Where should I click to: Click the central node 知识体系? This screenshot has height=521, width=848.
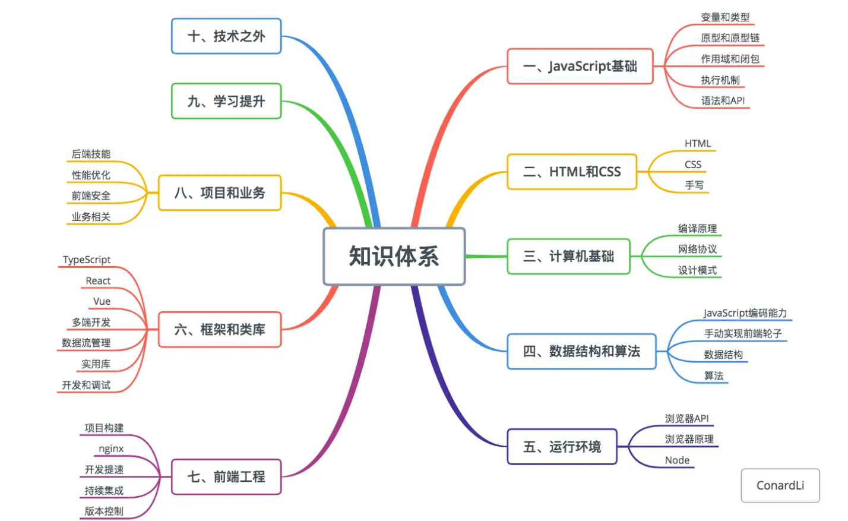point(394,256)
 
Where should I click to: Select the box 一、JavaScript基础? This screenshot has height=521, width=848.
point(580,66)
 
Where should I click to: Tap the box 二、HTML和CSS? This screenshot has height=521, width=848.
point(571,172)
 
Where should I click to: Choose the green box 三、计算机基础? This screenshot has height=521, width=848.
point(568,256)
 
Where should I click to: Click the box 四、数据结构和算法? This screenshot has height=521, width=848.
point(581,351)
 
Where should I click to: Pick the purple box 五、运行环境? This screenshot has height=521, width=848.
point(562,446)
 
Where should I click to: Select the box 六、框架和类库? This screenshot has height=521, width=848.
point(219,329)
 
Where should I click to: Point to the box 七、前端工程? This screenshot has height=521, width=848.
point(226,476)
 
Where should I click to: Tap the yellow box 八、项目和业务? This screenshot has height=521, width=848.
point(219,192)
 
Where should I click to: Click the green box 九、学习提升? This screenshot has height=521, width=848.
point(226,101)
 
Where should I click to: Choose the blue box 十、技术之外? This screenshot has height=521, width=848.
point(226,36)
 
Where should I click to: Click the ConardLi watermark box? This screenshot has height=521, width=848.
point(780,485)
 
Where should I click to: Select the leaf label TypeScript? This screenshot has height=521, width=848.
point(87,260)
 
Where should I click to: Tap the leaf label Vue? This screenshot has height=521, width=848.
point(102,301)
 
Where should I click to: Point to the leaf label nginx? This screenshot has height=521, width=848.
point(111,449)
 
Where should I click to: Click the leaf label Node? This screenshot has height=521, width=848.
point(677,460)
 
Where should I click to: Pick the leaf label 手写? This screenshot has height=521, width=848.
point(694,185)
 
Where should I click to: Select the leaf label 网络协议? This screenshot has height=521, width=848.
point(697,249)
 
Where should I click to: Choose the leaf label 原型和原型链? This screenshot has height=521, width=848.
point(730,38)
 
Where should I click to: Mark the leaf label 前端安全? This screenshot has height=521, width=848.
point(91,195)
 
